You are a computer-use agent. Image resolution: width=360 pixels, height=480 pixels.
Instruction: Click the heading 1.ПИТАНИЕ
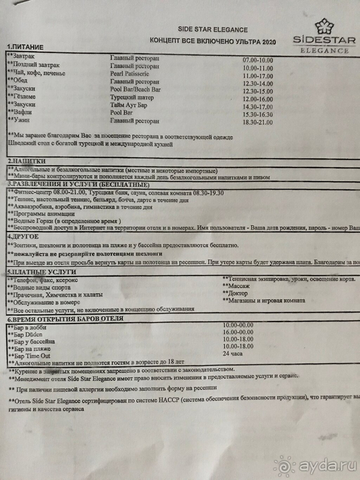pos(27,47)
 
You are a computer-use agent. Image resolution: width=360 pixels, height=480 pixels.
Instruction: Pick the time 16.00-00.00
pos(239,331)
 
